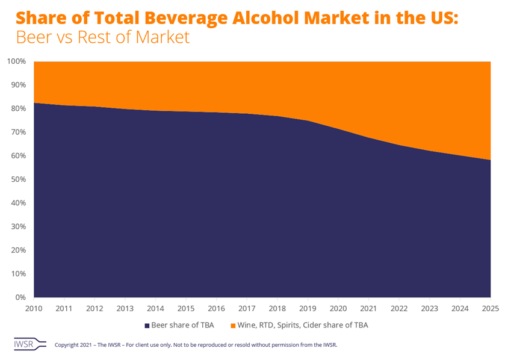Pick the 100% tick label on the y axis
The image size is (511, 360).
16,61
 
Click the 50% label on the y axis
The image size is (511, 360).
18,179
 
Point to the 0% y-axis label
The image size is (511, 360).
20,297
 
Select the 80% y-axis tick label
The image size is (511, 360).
18,108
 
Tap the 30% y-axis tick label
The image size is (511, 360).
18,226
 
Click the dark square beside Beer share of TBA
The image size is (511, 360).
147,325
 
